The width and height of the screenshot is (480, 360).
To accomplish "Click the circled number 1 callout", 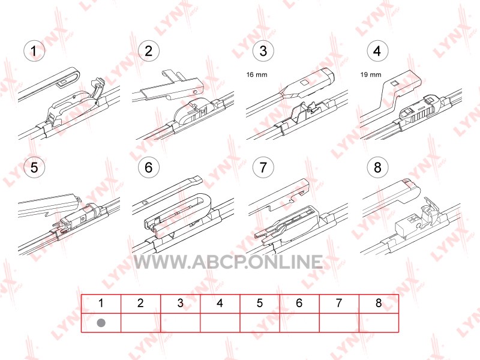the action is click(x=34, y=51).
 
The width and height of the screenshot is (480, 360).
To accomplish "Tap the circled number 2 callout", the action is click(x=148, y=51).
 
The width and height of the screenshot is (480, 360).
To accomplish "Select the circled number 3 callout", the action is click(x=263, y=51).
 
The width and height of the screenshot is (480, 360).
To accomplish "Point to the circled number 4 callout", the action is click(x=377, y=51).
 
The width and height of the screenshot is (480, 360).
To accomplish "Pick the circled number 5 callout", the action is click(x=34, y=167).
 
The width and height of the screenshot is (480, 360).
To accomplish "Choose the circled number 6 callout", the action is click(x=148, y=167).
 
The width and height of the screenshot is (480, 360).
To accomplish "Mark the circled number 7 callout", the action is click(x=263, y=167).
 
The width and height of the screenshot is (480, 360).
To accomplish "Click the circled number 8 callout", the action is click(x=377, y=167).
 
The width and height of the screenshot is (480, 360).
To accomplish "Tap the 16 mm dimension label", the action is click(x=257, y=74).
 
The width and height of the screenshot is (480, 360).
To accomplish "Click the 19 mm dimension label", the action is click(x=371, y=74).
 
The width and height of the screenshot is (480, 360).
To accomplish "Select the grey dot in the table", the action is click(x=101, y=323).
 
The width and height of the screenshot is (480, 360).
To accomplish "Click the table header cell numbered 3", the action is click(x=181, y=304).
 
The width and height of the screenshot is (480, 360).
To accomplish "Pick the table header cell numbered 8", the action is click(x=379, y=304).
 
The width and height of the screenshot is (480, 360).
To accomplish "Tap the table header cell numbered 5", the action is click(x=260, y=304).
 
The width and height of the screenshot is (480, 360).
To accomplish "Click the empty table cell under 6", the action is click(x=299, y=323).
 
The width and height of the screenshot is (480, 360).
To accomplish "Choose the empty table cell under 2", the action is click(x=141, y=323).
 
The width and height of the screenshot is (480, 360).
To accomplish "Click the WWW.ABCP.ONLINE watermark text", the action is click(x=229, y=262).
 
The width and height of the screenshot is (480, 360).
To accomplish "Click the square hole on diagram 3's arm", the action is click(x=304, y=83).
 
